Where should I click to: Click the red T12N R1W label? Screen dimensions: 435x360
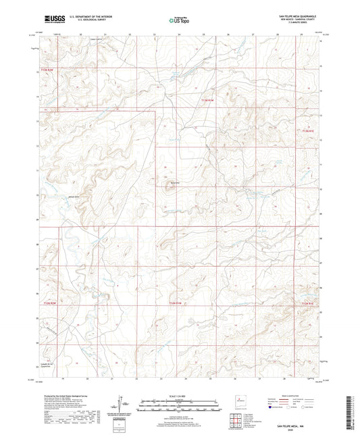coord(176,305)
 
